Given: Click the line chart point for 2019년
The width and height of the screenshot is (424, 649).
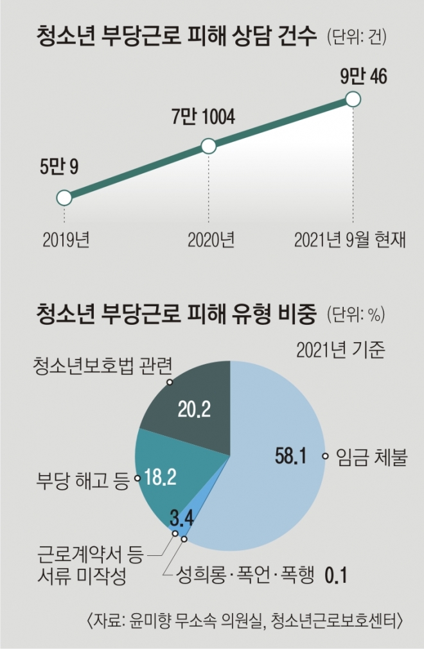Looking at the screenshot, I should tap(64, 198).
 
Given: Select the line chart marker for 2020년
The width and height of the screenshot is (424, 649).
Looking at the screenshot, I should tap(208, 146).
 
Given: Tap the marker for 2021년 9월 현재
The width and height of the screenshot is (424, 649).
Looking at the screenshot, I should tap(352, 99).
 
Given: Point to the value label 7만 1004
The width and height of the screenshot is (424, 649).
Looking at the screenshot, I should tap(202, 117).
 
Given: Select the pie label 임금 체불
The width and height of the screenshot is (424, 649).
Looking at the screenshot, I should tap(371, 457).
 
